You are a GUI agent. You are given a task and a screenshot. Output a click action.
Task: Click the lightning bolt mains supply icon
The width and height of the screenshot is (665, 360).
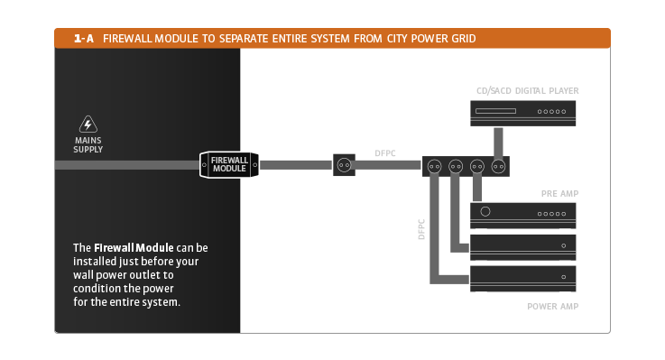point(88,125)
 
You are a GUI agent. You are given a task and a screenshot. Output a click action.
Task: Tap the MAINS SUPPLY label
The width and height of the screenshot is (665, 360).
point(88,144)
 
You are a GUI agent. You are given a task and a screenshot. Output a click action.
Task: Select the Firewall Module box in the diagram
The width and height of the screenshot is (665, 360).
point(229,164)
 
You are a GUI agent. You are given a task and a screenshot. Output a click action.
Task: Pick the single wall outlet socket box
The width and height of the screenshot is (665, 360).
point(344,165)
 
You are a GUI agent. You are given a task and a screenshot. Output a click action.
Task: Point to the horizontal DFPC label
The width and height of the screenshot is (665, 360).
point(386,153)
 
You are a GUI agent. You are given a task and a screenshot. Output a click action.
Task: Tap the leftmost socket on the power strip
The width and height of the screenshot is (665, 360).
point(435,166)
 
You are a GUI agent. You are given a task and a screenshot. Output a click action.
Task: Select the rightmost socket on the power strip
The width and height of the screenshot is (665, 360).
point(497,166)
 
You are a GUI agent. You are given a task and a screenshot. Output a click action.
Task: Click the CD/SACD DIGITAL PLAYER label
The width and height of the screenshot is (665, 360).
point(527,91)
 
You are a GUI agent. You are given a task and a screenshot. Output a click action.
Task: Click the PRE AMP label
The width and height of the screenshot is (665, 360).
point(559,194)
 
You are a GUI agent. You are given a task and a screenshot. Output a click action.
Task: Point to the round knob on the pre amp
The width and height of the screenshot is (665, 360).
point(486,212)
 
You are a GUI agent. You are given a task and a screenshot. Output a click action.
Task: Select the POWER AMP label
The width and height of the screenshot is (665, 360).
point(552,307)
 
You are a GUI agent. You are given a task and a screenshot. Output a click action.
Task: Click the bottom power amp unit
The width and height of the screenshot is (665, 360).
point(522,276)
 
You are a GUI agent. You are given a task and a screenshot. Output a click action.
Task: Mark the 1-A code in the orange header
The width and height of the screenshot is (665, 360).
point(84,39)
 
